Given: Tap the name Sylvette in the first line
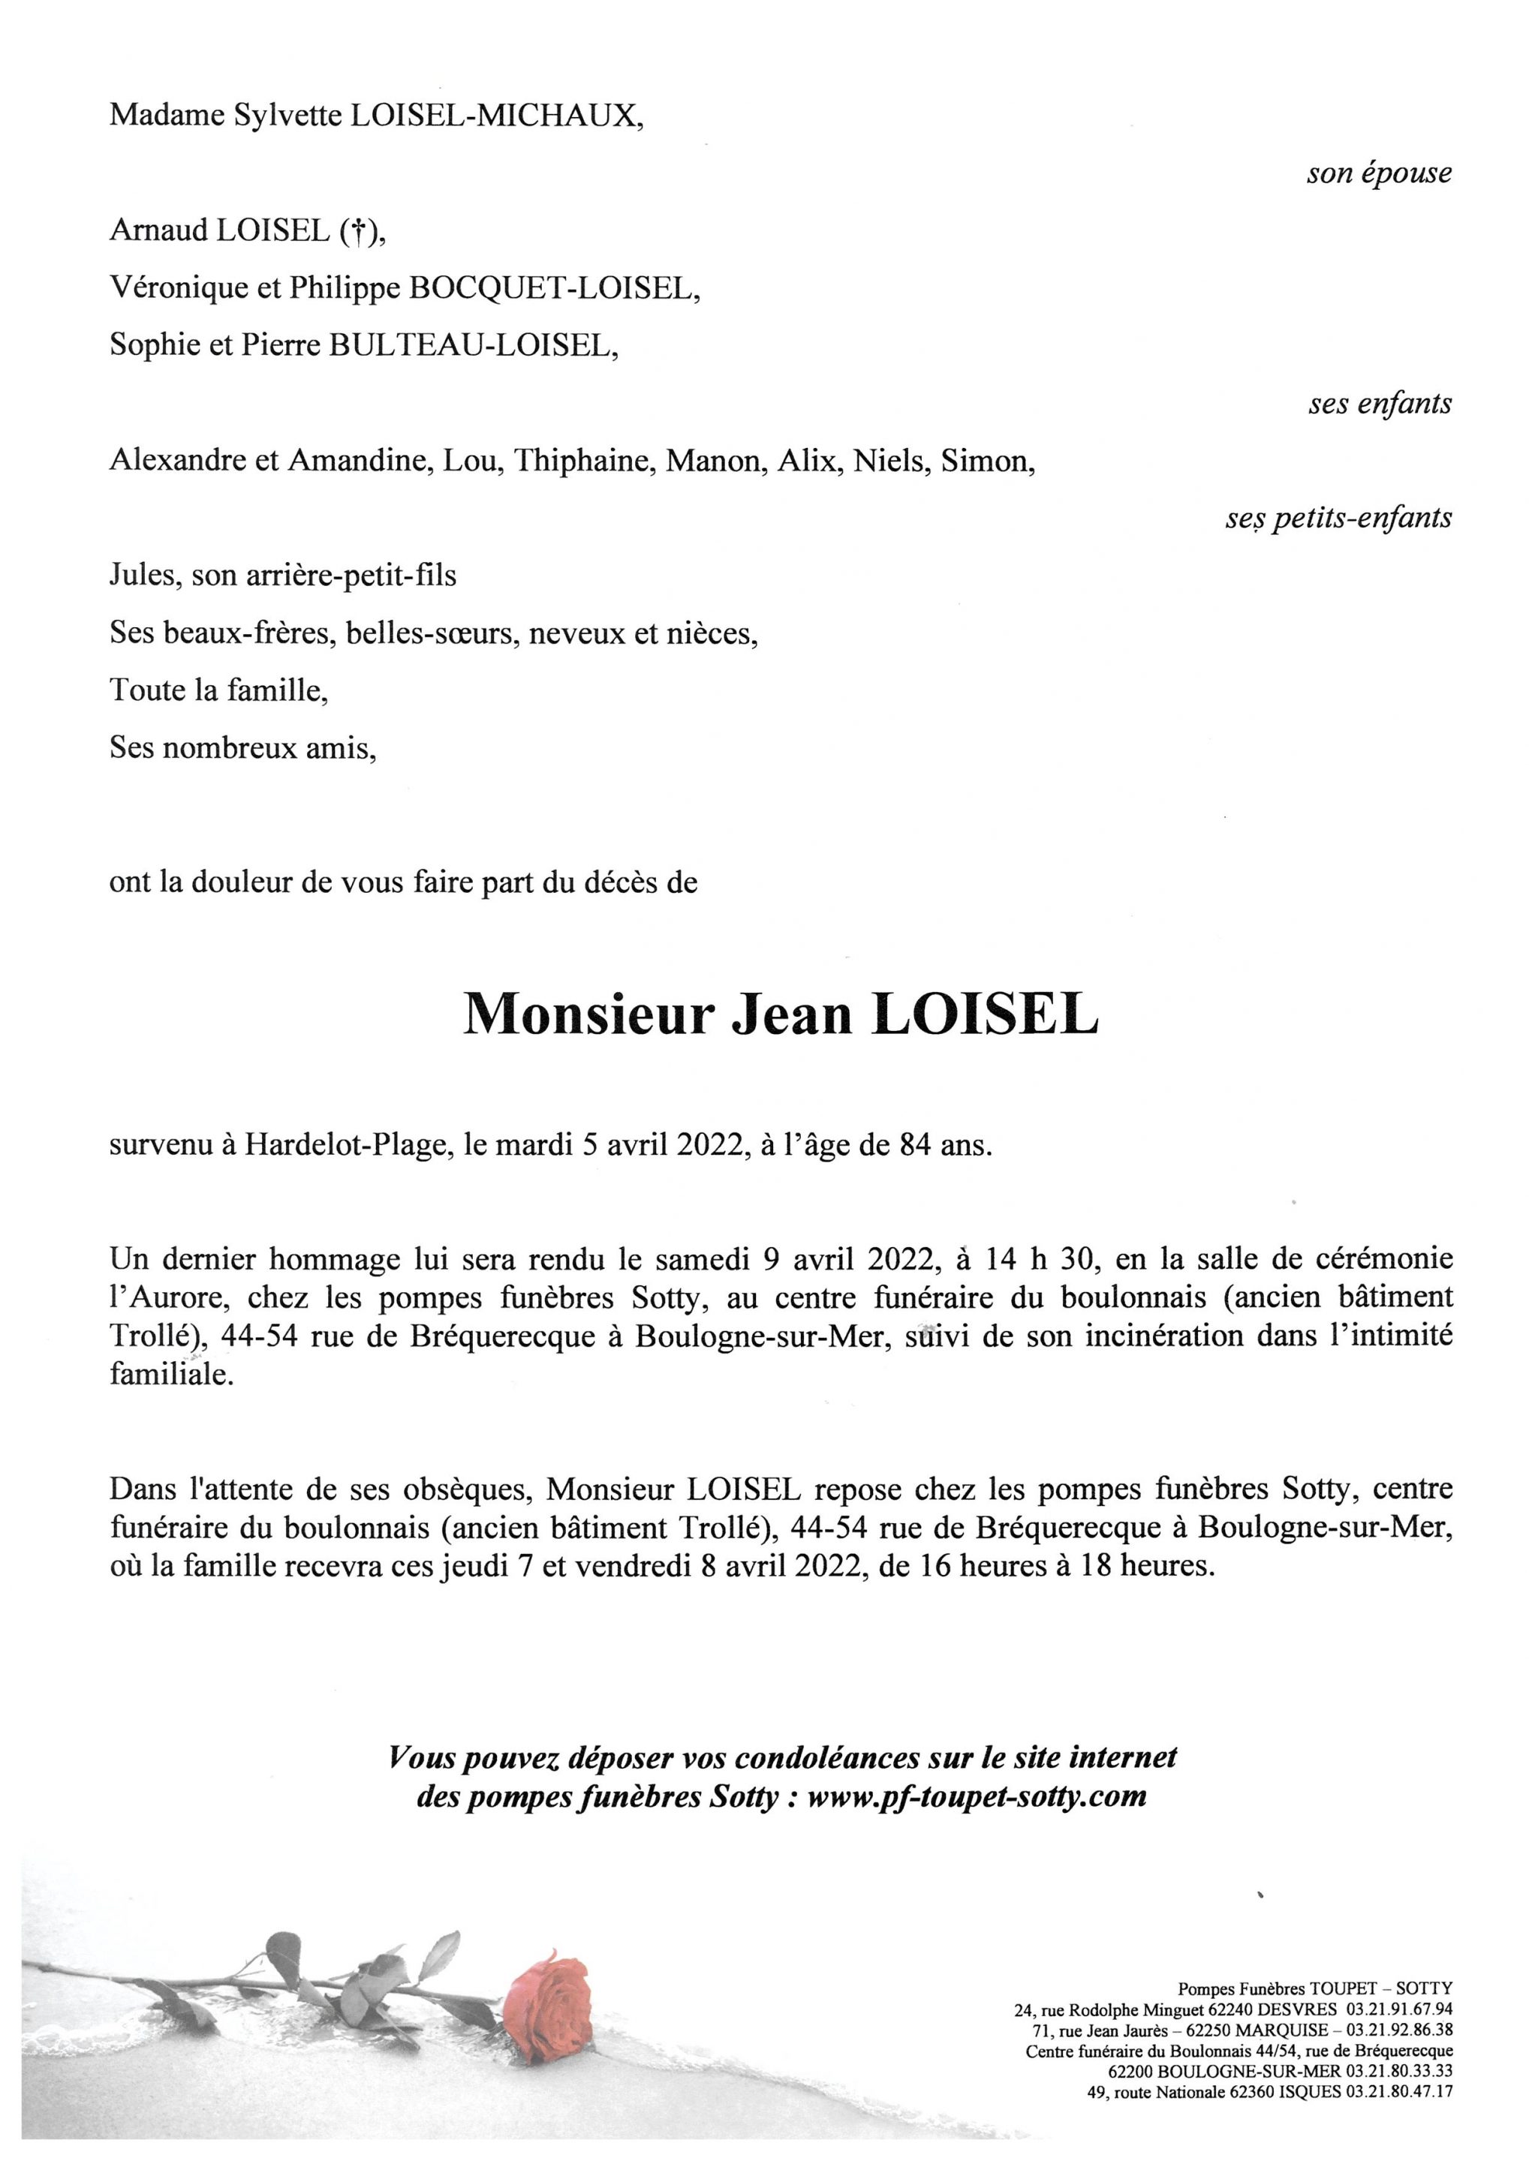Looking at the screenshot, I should tap(288, 116).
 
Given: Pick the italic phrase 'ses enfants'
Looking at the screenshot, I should tap(1380, 404).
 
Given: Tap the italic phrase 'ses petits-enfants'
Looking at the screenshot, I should tap(1338, 518).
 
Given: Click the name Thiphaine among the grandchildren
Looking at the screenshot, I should tap(584, 461).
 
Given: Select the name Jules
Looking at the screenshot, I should tap(143, 576).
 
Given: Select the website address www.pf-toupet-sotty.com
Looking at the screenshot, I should tap(977, 1797).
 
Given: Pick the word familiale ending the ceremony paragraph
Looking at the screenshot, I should tap(170, 1376).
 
